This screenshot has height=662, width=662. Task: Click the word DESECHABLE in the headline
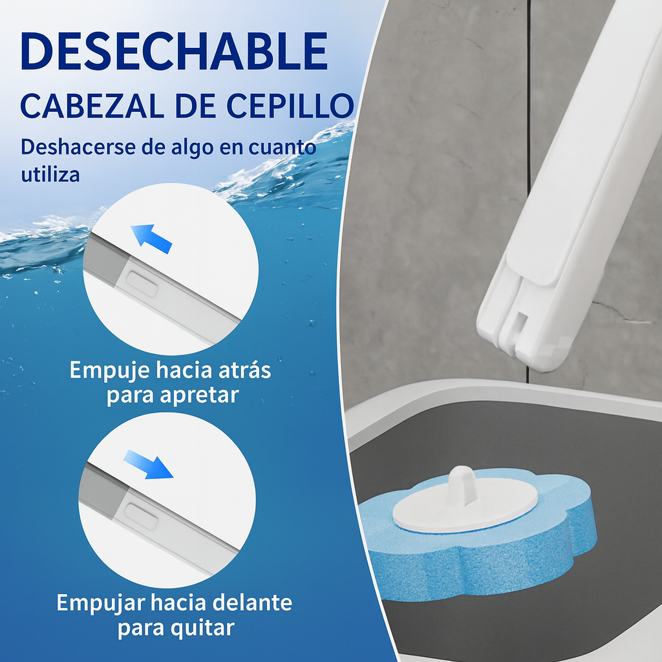pos(173,51)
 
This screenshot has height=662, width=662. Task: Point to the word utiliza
pos(50,174)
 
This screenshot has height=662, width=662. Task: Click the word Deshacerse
pos(78,147)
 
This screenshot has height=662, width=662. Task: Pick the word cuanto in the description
pos(282,147)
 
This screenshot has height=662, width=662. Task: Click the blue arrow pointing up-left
pos(151,239)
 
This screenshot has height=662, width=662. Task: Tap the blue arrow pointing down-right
pos(149,464)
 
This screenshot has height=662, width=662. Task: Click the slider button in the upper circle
pos(142,283)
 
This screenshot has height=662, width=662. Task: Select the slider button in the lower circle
pos(142,516)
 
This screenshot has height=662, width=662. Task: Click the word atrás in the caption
pos(244,370)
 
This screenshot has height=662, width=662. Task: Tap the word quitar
pos(202,628)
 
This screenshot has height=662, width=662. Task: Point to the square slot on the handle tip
pos(521,321)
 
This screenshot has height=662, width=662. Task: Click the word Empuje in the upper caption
pos(110,370)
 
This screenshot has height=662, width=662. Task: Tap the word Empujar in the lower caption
pos(100,603)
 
